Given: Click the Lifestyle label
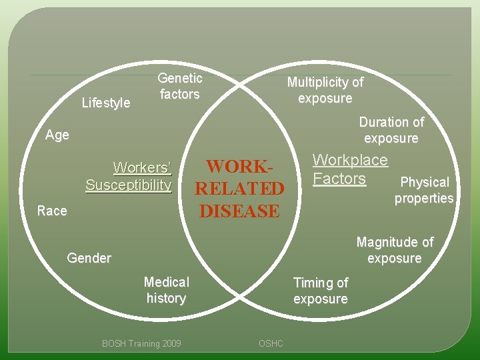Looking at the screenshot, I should (x=105, y=103).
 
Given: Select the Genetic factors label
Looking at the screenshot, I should (x=179, y=86).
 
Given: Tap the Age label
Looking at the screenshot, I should (x=57, y=135).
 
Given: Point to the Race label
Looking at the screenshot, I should (x=52, y=211).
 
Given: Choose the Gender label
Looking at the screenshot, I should (x=89, y=258).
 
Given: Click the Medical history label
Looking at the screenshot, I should (x=167, y=290).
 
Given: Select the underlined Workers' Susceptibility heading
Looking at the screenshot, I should (x=129, y=176).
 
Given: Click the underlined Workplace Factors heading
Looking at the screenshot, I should (x=350, y=169).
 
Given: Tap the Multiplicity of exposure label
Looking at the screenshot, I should (x=325, y=90).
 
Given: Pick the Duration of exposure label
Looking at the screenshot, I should (x=391, y=131).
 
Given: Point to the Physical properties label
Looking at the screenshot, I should (x=424, y=190).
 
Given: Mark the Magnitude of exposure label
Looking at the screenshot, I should (x=395, y=250).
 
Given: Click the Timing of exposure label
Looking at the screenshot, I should (x=321, y=291).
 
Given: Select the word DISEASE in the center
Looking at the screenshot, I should (x=239, y=211).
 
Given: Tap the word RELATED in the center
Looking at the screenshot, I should (x=239, y=189).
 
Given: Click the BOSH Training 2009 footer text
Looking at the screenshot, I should (x=141, y=343).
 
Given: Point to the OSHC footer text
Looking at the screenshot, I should (x=271, y=343).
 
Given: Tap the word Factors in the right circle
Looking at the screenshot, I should (x=339, y=179).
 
